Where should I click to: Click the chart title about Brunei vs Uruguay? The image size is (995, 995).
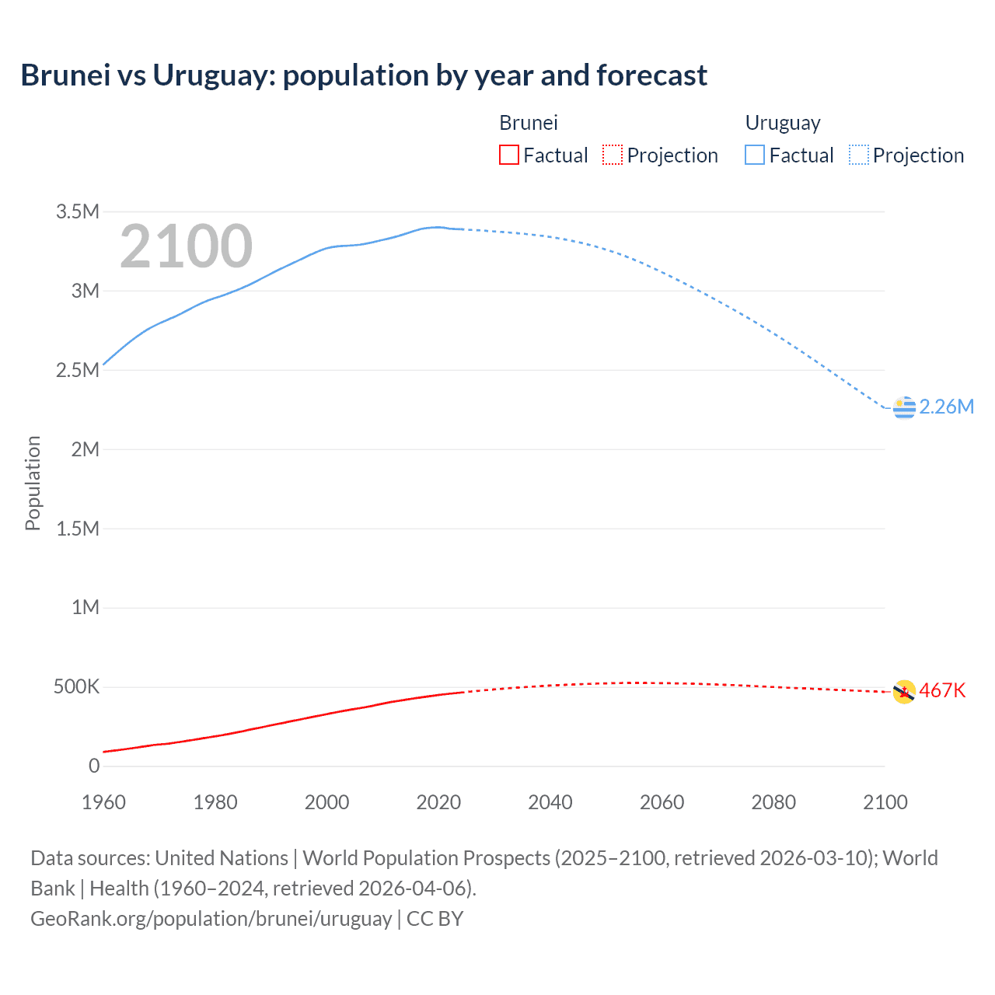click(x=364, y=75)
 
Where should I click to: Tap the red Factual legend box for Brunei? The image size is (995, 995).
click(x=508, y=155)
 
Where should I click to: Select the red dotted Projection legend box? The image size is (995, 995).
click(x=613, y=155)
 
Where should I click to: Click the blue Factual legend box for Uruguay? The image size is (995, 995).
click(x=754, y=155)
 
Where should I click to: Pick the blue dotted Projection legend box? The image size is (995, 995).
click(x=859, y=155)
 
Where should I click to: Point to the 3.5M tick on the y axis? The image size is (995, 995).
click(x=78, y=211)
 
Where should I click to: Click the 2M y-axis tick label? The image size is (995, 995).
click(x=85, y=449)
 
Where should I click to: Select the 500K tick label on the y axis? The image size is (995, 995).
click(x=76, y=687)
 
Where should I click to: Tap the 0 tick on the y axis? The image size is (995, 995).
click(x=94, y=766)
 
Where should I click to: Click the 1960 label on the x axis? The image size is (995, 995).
click(x=103, y=802)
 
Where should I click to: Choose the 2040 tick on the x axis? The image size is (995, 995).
click(x=550, y=802)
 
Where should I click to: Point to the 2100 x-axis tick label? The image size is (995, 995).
click(x=885, y=802)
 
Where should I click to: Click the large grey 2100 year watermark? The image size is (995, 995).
click(x=186, y=247)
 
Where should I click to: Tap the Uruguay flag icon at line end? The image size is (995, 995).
click(x=904, y=407)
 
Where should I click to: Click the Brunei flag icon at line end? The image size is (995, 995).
click(x=904, y=691)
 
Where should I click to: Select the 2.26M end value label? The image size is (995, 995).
click(x=946, y=407)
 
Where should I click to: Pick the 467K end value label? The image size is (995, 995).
click(x=942, y=691)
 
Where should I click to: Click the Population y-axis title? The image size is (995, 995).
click(x=33, y=483)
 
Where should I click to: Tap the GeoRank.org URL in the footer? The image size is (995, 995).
click(x=211, y=919)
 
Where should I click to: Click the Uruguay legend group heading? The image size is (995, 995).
click(x=783, y=123)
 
